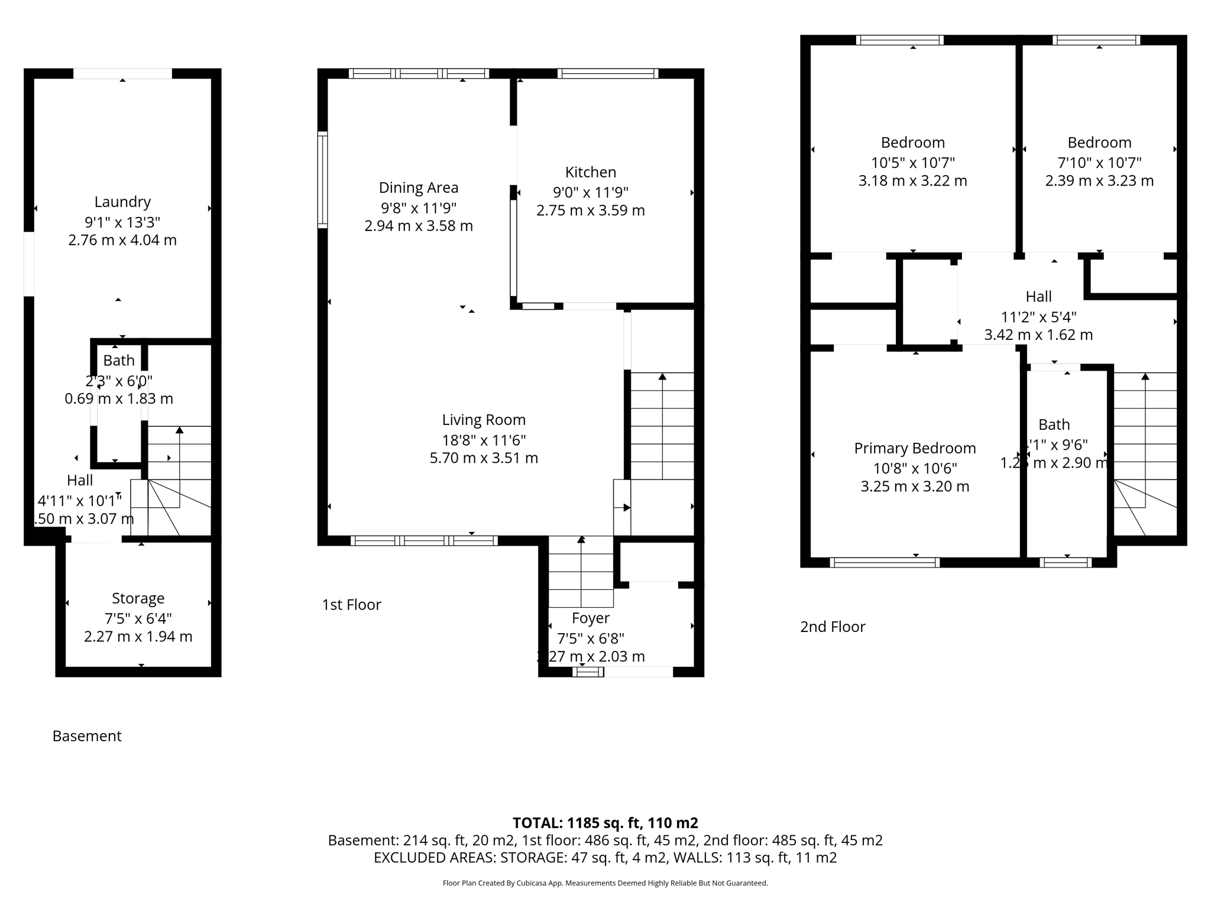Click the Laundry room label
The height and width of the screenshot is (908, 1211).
tap(122, 202)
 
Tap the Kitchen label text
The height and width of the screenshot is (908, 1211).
tap(590, 173)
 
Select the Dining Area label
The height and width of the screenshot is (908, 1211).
tap(418, 188)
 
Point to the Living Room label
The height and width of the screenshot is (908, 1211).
tap(484, 420)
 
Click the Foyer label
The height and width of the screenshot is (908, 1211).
tap(590, 618)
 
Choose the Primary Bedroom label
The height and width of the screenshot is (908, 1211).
tap(914, 449)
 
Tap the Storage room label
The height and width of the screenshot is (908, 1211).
tap(138, 599)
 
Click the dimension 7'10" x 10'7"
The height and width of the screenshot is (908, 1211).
tap(1099, 163)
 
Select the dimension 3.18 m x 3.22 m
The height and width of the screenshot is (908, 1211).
tap(912, 181)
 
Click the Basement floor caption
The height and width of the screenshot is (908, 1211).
tap(87, 737)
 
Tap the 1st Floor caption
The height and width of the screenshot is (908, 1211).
tap(351, 605)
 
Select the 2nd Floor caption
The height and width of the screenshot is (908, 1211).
tap(832, 627)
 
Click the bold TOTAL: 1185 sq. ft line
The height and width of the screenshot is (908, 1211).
tap(605, 823)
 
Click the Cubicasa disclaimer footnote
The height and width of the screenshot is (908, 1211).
tap(605, 883)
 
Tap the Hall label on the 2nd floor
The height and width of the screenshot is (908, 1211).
tap(1038, 297)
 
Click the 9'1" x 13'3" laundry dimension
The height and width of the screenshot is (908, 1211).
tap(122, 223)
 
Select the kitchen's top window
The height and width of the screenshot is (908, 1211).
tap(607, 74)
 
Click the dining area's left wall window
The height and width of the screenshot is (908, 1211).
tap(322, 180)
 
